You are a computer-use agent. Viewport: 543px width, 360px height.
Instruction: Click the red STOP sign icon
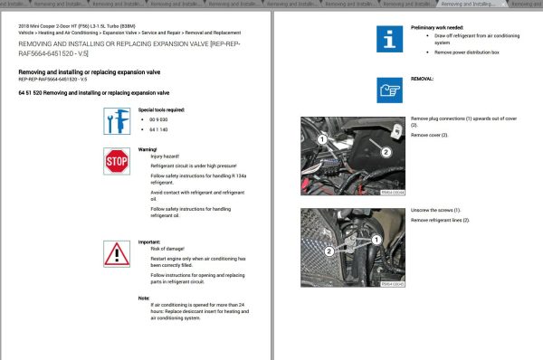(x=117, y=162)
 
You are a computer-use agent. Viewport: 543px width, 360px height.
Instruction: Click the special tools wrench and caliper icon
(x=117, y=122)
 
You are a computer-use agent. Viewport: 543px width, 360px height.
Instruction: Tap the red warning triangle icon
(x=117, y=252)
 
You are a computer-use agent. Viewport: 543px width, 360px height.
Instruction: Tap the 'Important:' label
(x=148, y=242)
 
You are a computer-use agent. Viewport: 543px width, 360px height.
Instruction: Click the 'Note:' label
(x=143, y=298)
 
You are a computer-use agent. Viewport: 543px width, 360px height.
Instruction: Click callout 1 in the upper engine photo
(x=321, y=139)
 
